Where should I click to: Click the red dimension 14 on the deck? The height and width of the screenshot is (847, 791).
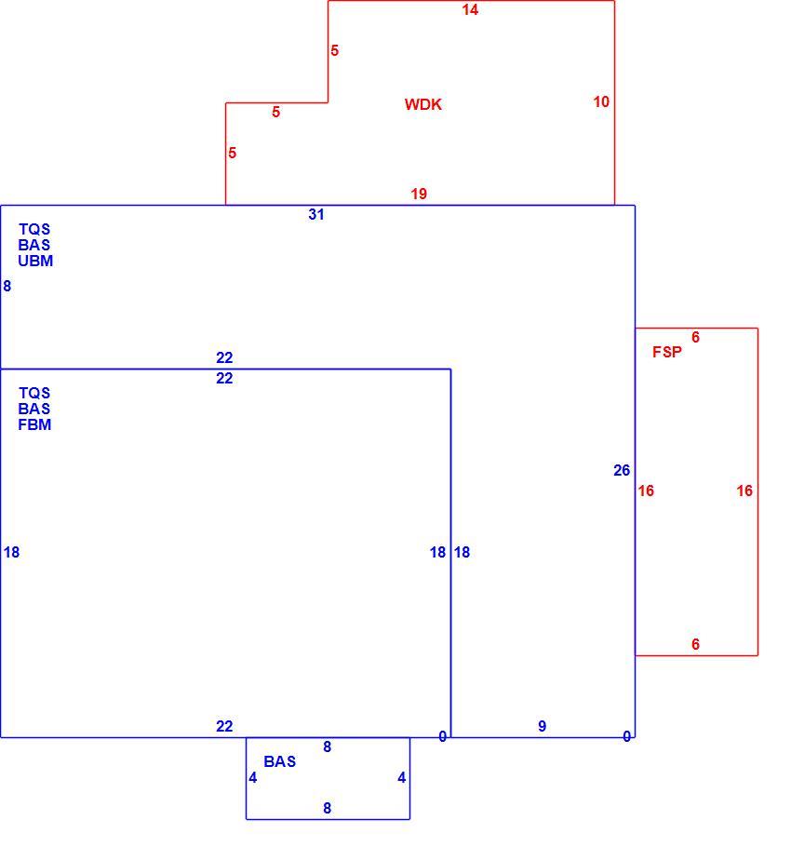(x=470, y=9)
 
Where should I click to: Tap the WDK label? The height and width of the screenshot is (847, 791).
(x=422, y=104)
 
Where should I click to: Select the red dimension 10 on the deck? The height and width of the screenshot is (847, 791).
(x=601, y=101)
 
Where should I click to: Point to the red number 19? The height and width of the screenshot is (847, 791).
(x=419, y=194)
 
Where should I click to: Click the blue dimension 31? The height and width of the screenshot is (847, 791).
(x=316, y=214)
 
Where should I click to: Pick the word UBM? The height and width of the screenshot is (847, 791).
(x=35, y=261)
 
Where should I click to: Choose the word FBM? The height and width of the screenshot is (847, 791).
(x=34, y=424)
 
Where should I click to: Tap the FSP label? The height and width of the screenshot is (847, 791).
(x=667, y=352)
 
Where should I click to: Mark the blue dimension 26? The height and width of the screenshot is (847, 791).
(x=622, y=470)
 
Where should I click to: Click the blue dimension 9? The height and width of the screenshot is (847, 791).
(x=543, y=726)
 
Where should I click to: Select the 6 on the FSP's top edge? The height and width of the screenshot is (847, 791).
(x=695, y=337)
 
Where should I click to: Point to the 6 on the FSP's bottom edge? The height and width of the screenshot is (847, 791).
(x=695, y=644)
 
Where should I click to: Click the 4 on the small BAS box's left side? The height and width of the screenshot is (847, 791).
(x=253, y=777)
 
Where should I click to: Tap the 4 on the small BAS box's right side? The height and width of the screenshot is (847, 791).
(x=401, y=777)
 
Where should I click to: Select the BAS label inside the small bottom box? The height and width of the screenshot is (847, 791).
(x=280, y=761)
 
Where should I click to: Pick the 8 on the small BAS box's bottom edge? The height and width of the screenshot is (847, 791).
(x=328, y=808)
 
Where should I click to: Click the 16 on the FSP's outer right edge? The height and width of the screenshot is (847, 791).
(x=744, y=491)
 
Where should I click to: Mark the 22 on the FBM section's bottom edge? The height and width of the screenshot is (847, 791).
(x=224, y=726)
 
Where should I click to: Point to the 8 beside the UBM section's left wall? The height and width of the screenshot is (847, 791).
(x=7, y=286)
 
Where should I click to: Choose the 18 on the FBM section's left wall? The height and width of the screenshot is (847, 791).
(x=11, y=552)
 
